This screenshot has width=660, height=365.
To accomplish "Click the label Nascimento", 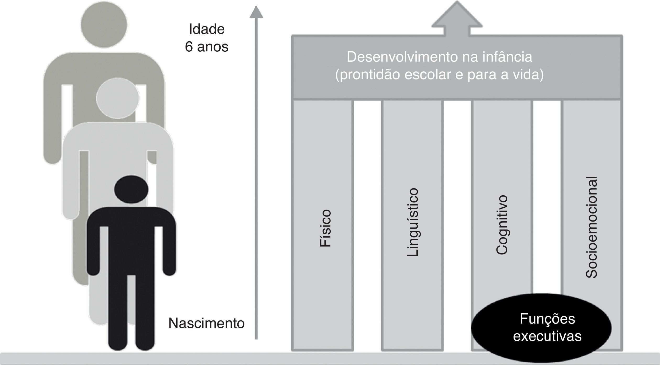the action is pyautogui.click(x=206, y=323).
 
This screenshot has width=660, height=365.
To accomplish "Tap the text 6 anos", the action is pyautogui.click(x=206, y=47).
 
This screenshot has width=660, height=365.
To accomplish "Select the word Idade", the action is pyautogui.click(x=207, y=29).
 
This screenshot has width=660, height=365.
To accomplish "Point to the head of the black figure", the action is pyautogui.click(x=131, y=189).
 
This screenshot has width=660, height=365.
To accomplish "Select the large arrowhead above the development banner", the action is pyautogui.click(x=457, y=16).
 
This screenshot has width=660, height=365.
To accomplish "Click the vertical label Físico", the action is pyautogui.click(x=325, y=228).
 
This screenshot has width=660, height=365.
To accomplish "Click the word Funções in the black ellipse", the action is pyautogui.click(x=547, y=319).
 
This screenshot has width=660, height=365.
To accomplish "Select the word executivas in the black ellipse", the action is pyautogui.click(x=547, y=336).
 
